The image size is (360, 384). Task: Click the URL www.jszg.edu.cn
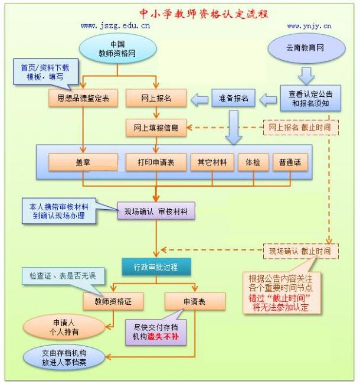(115, 25)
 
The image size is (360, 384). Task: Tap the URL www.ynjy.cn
(309, 25)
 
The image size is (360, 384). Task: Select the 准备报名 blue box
(233, 98)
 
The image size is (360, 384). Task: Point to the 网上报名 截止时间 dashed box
(300, 127)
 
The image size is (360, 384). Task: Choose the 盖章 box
(83, 162)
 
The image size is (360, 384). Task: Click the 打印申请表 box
(156, 162)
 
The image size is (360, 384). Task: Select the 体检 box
(249, 162)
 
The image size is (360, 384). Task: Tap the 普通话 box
(290, 162)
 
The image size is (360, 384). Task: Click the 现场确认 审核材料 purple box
(156, 211)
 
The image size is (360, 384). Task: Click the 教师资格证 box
(114, 301)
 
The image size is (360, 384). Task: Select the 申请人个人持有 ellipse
(57, 328)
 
